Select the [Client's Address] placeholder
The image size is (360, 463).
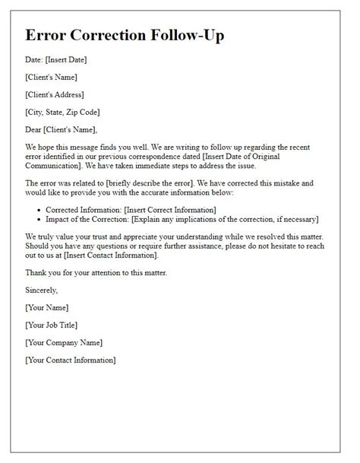click(54, 94)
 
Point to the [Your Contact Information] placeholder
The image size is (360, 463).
click(71, 359)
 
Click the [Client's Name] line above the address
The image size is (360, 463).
click(51, 77)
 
